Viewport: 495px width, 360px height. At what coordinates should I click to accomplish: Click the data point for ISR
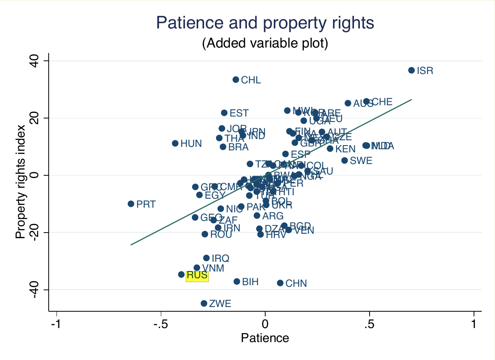[411, 70]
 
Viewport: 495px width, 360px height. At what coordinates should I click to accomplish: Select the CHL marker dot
[236, 79]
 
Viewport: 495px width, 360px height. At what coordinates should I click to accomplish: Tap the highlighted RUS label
[197, 275]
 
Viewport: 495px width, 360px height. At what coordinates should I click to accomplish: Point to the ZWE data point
[204, 303]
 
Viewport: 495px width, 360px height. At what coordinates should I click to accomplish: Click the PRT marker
[131, 204]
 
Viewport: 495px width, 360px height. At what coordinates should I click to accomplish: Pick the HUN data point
[175, 143]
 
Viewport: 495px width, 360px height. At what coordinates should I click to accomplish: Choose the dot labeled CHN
[280, 283]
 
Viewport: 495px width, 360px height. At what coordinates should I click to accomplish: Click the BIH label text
[250, 282]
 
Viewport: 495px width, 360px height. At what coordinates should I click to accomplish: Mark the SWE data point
[344, 161]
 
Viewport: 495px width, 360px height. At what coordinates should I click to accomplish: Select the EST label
[239, 113]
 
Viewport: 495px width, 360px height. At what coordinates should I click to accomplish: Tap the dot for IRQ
[206, 258]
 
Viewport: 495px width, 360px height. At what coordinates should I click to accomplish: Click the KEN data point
[330, 148]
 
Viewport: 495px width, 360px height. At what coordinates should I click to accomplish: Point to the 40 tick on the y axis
[35, 61]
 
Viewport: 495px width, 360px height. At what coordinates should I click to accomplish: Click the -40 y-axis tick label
[35, 289]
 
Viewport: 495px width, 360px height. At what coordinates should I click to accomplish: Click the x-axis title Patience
[265, 338]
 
